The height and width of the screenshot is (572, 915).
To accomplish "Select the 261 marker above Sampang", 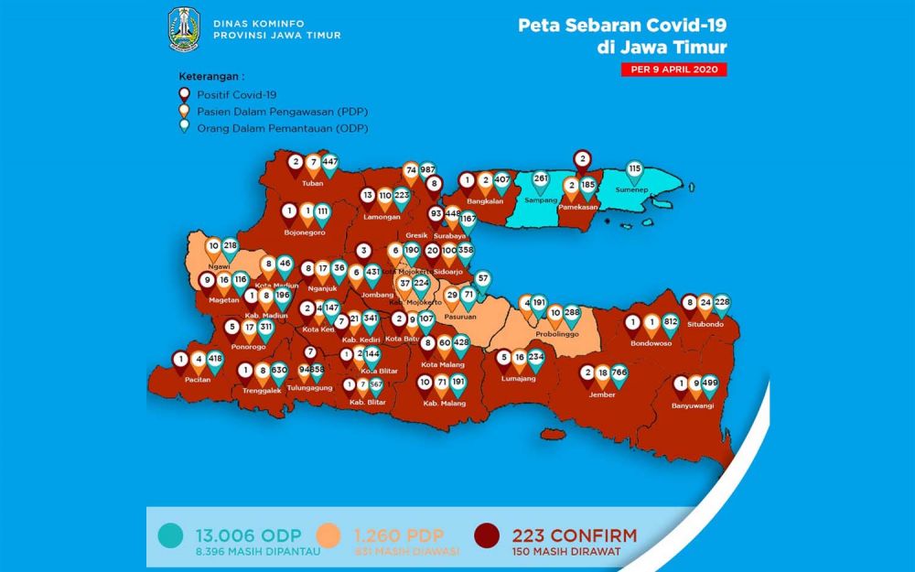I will [541, 178].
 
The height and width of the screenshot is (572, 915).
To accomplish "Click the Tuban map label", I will [313, 183].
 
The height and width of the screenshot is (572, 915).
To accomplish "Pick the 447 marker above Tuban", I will [330, 163].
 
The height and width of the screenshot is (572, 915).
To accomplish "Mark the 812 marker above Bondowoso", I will [671, 323].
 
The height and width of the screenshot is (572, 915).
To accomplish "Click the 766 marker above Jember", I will [619, 373].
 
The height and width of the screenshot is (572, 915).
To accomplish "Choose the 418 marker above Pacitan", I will [215, 360].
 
